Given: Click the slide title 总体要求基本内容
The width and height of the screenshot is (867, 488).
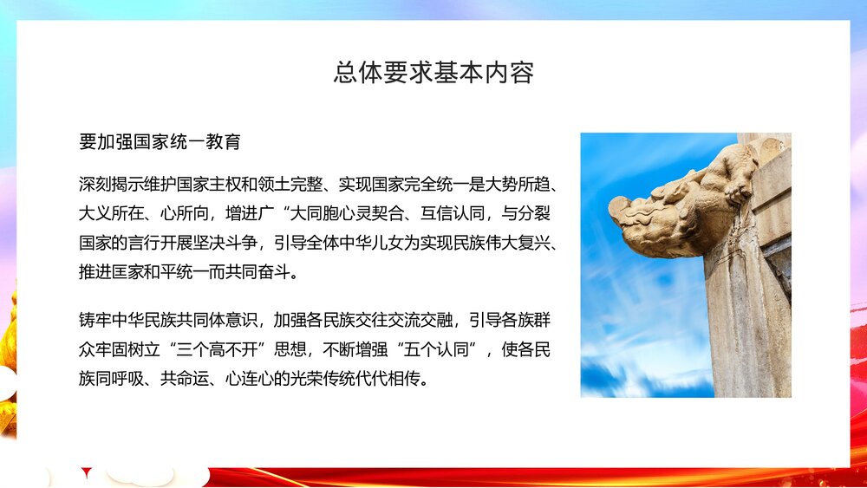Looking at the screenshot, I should [433, 72].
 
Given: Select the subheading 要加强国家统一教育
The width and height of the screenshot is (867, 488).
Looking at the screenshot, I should [160, 140].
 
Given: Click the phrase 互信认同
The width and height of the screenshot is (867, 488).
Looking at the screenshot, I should [417, 214].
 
